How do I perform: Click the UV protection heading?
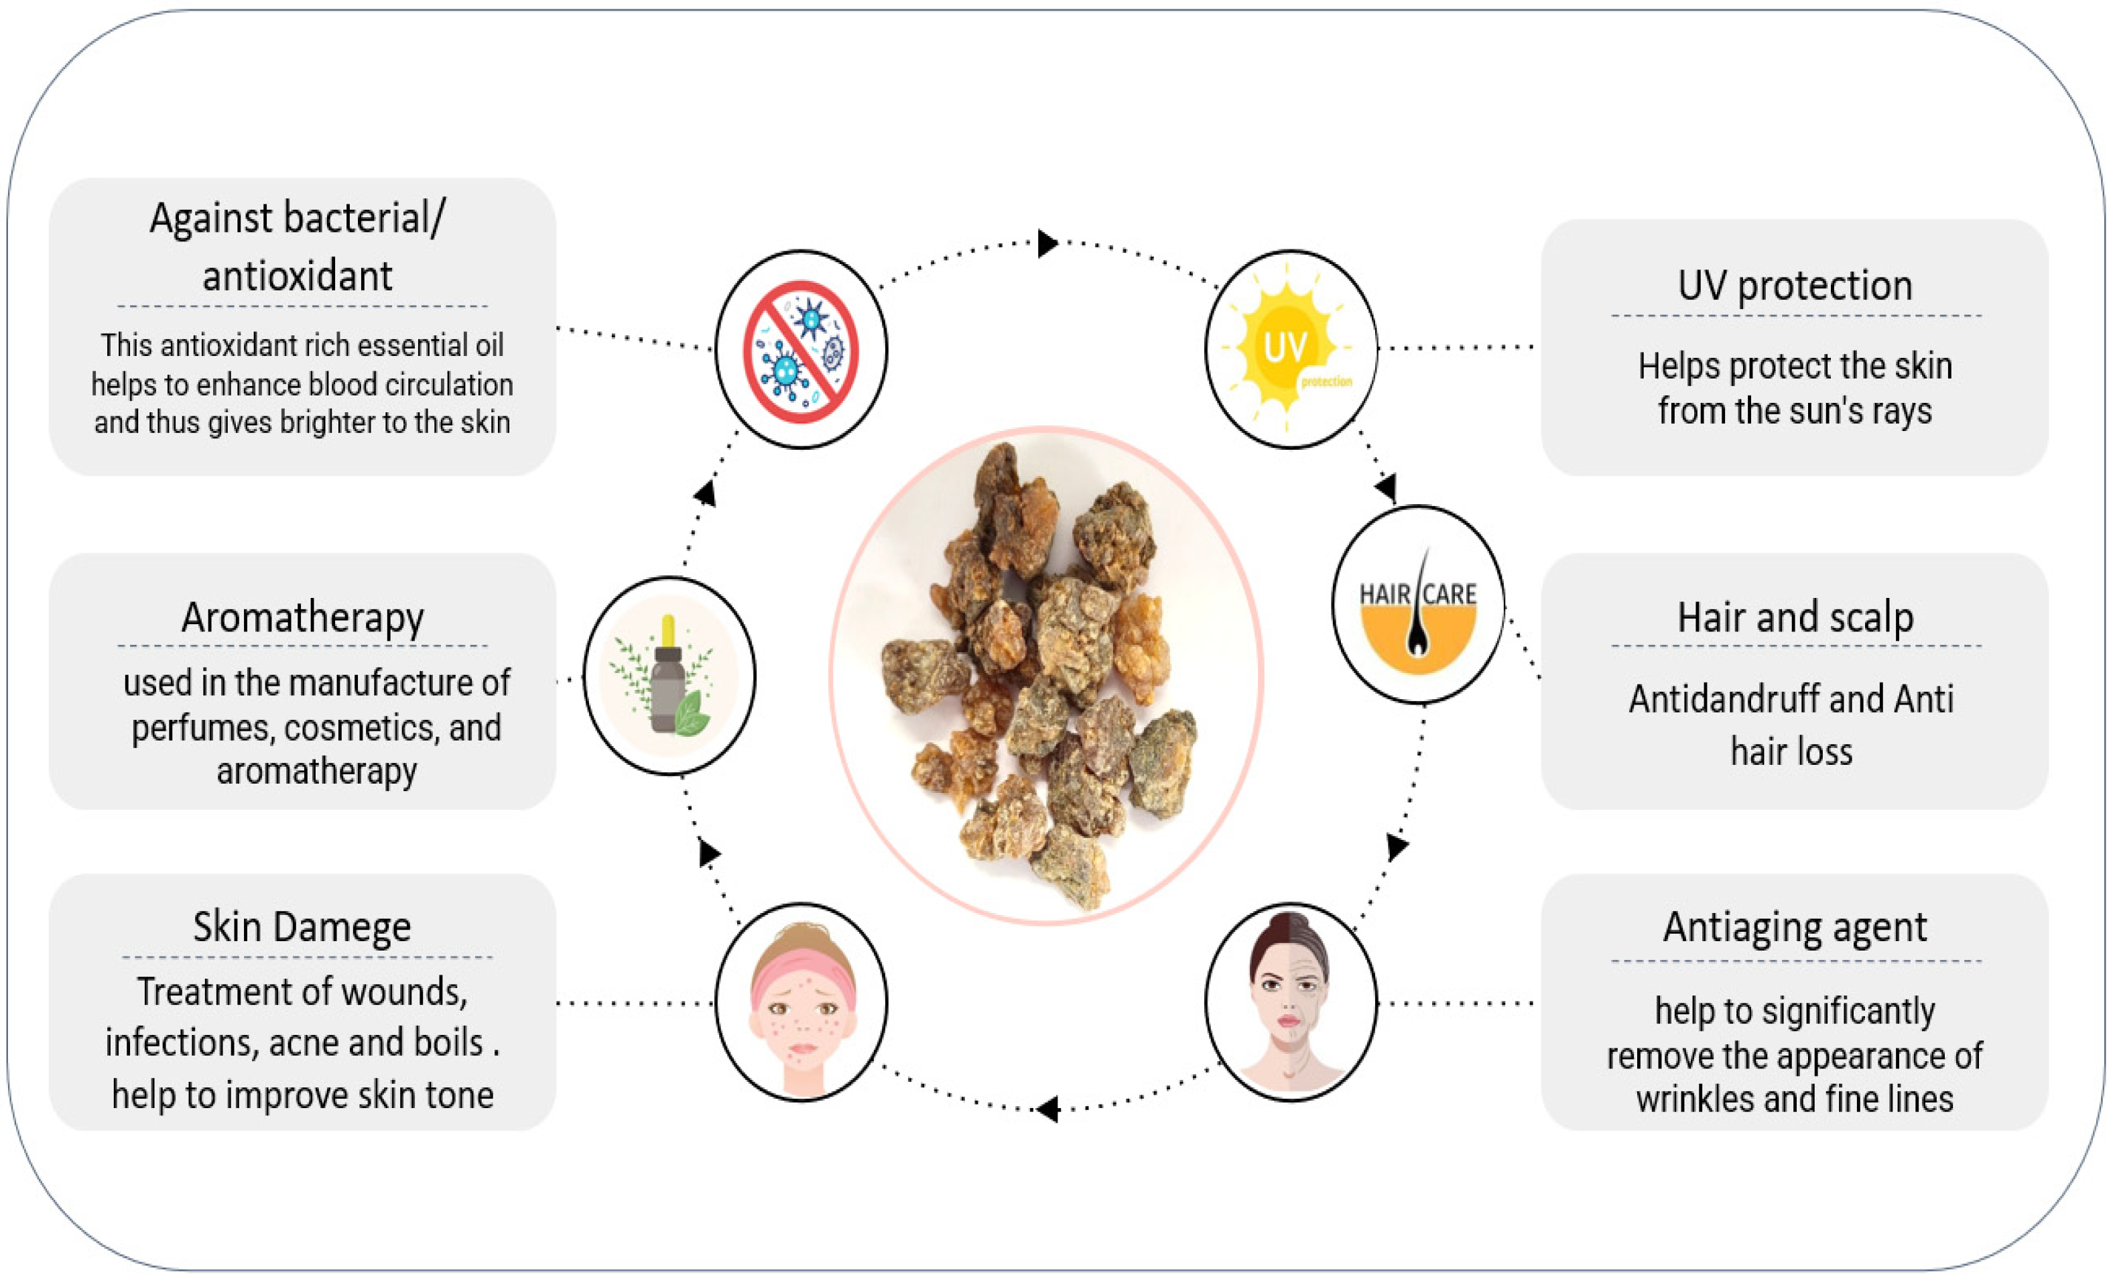coord(1795,286)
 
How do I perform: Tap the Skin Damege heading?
coord(302,927)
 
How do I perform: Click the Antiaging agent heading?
coord(1795,927)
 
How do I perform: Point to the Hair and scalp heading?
coord(1795,617)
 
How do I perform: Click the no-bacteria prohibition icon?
coord(801,351)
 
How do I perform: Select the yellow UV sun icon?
coord(1286,347)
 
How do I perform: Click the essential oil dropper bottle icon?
coord(668,676)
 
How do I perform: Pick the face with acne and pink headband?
coord(802,1002)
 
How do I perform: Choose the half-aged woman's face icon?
coord(1291,1002)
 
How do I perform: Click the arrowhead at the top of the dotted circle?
coord(1047,243)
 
